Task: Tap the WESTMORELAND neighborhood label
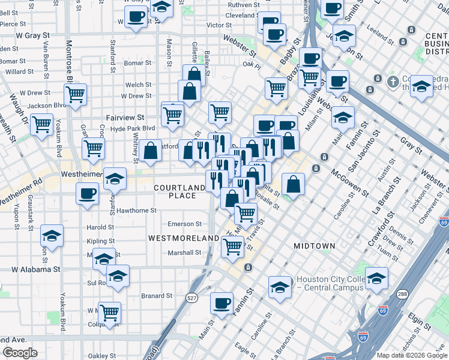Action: [x=184, y=238]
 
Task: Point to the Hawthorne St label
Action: [x=137, y=211]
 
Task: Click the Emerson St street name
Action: [x=185, y=224]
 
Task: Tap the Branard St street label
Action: [x=157, y=296]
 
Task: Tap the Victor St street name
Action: [x=218, y=25]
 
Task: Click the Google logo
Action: [x=20, y=353]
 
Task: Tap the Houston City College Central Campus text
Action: [x=327, y=284]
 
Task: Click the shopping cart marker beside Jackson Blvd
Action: [x=76, y=94]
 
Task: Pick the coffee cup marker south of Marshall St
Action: [x=221, y=303]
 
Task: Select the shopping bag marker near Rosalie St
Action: [x=293, y=184]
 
